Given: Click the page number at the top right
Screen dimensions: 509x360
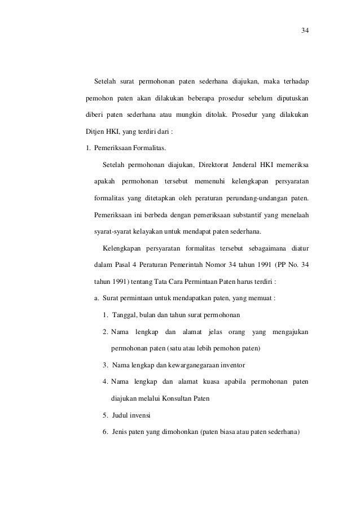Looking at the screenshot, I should (304, 30).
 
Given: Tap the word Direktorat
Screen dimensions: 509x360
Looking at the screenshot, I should (215, 165).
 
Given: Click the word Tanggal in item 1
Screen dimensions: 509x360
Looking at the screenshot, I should (125, 314).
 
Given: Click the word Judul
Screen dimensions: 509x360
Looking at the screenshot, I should (121, 416).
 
